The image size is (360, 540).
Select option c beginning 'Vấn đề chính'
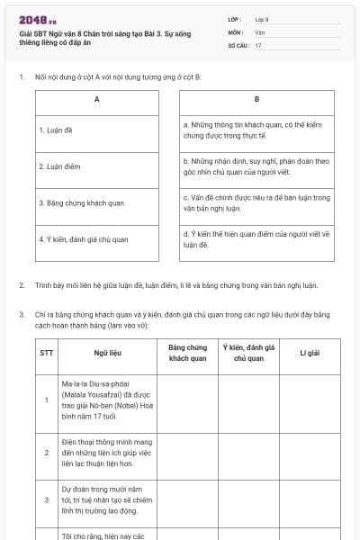(x=256, y=202)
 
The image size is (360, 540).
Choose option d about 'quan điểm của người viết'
(x=256, y=239)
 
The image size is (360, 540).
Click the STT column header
(x=46, y=353)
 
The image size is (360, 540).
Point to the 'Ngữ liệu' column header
(x=106, y=353)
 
